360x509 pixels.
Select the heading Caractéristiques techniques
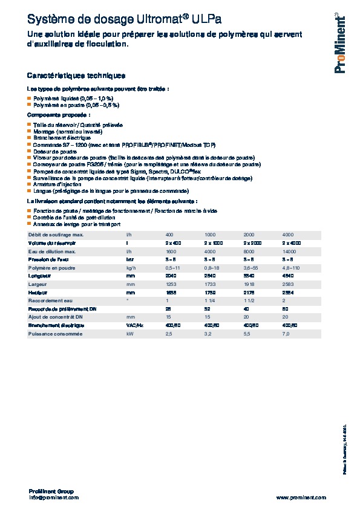[76, 76]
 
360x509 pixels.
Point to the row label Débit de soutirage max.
[56, 234]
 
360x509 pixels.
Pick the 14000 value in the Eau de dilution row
[289, 251]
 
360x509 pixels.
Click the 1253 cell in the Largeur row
[171, 284]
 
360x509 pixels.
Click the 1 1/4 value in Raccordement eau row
[211, 300]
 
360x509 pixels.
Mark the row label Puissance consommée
[54, 334]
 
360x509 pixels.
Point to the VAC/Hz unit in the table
[134, 325]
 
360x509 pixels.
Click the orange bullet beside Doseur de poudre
[29, 151]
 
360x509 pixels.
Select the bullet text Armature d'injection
[56, 184]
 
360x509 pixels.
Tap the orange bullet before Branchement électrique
[29, 138]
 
